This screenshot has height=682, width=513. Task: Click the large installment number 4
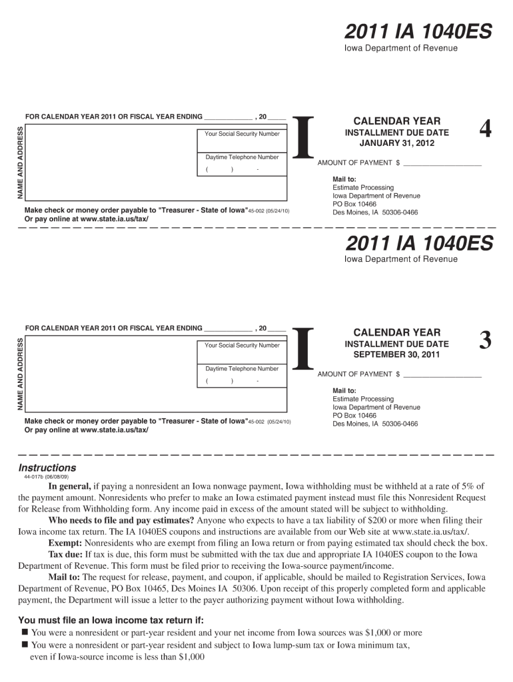pos(486,131)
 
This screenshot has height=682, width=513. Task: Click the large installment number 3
pos(486,342)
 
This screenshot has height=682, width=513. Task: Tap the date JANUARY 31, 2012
pos(396,143)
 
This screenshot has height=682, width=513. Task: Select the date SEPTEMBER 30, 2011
pos(396,354)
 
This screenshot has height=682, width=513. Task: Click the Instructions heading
pos(47,468)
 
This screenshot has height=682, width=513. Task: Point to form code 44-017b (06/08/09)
pos(46,478)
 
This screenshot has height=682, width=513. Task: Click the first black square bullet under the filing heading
pos(24,632)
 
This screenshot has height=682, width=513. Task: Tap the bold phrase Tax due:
pos(65,554)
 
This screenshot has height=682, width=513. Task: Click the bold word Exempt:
pos(65,543)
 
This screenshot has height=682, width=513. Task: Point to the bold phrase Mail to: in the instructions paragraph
pos(64,577)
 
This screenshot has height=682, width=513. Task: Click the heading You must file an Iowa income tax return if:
pos(111,620)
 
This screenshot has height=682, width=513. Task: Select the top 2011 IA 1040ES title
pos(418,31)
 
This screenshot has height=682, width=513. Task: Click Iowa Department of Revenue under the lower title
pos(400,259)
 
